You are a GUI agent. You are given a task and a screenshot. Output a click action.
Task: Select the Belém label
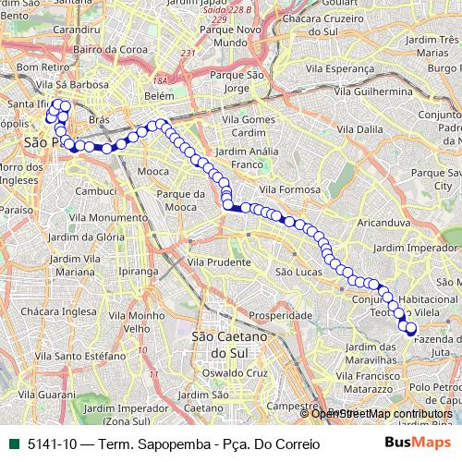coord(159,96)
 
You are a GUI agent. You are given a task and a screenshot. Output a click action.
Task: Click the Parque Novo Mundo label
coord(222,35)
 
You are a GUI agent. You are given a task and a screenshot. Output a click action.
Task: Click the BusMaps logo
coord(418,444)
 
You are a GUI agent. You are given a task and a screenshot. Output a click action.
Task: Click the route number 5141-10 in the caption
coord(53,444)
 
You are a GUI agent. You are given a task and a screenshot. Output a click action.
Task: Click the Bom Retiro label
coord(39,67)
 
